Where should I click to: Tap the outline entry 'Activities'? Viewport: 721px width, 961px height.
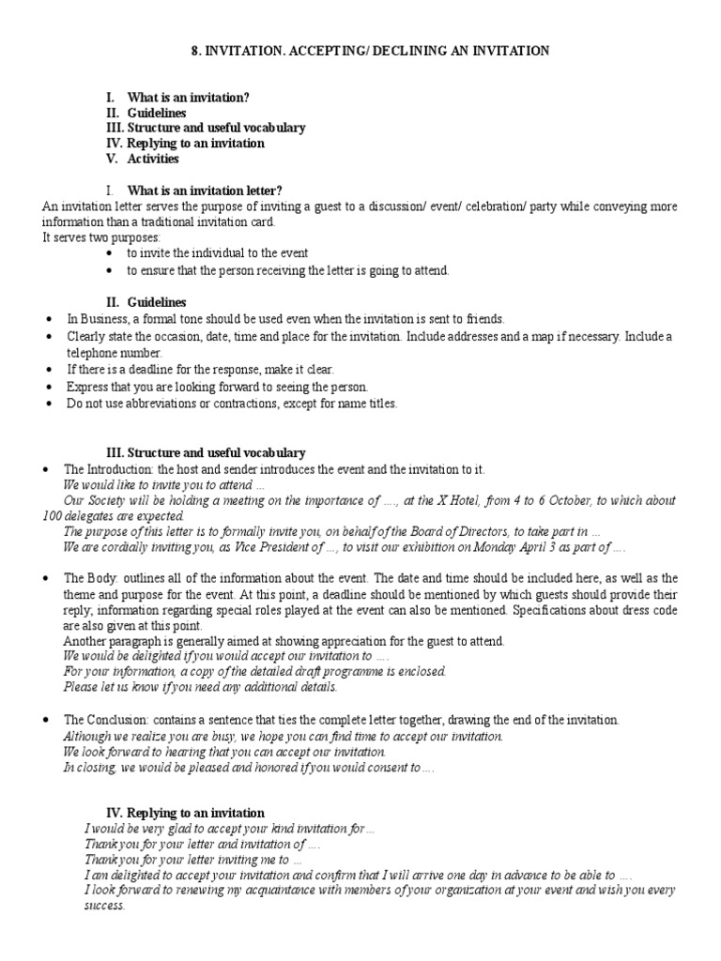[x=153, y=159]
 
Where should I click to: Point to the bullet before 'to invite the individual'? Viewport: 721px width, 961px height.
[x=110, y=254]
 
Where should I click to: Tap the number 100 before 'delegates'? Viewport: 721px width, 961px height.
[x=53, y=515]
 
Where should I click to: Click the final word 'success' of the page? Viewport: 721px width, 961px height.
[x=103, y=906]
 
